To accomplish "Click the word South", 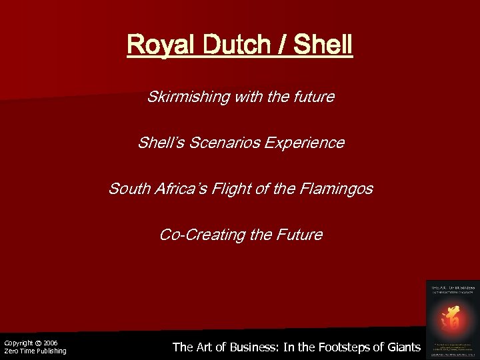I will click(x=127, y=189).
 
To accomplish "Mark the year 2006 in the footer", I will click(x=51, y=343).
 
